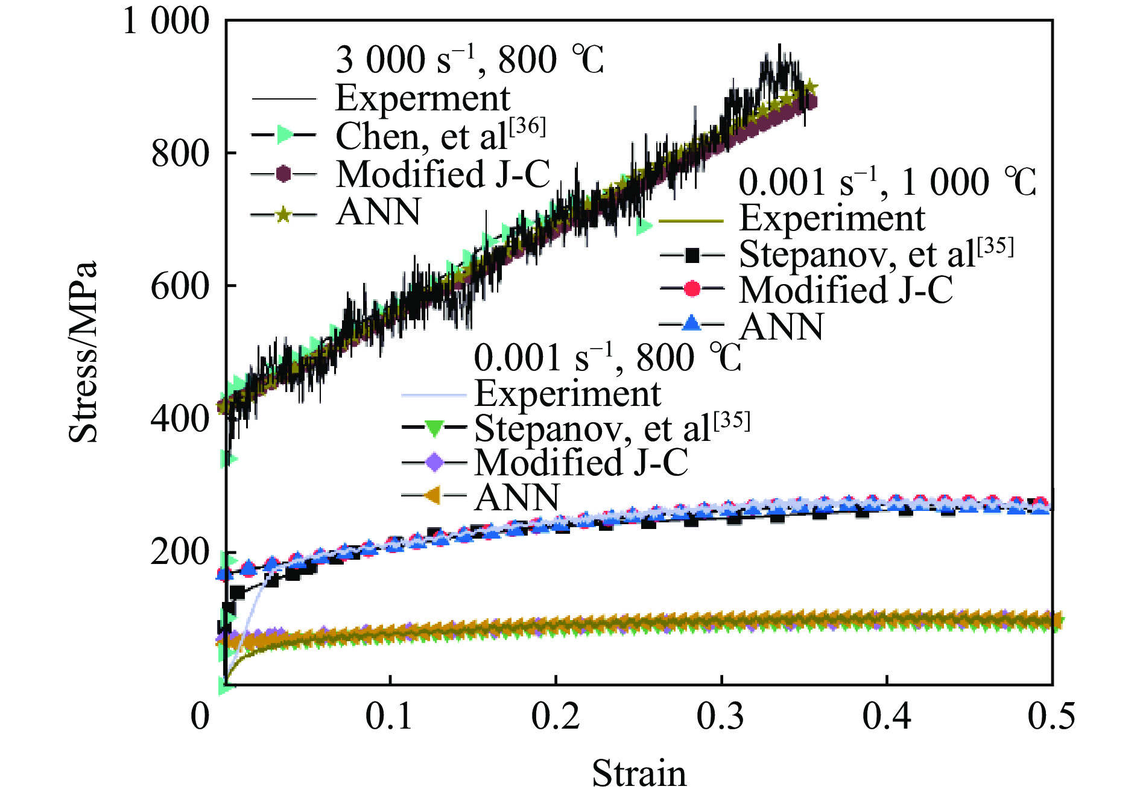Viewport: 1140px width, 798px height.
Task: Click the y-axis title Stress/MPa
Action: (x=83, y=352)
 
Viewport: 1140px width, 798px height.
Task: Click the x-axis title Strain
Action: (x=639, y=773)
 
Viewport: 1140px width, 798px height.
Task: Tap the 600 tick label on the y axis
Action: (x=180, y=286)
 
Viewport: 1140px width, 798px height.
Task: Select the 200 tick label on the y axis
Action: (x=180, y=551)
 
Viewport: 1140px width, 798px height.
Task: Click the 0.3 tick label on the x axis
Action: (x=721, y=717)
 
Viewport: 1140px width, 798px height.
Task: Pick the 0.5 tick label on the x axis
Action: (x=1051, y=717)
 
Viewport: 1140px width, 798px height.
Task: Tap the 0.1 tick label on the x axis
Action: (x=390, y=717)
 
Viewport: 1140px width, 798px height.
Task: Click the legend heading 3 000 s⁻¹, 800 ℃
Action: (x=469, y=60)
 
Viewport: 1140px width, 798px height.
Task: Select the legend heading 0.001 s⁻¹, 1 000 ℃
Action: (x=887, y=182)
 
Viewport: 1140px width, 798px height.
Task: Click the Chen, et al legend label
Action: (x=440, y=136)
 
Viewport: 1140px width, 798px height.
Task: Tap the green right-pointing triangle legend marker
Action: (x=284, y=135)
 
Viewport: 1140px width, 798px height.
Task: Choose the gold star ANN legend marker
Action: (x=283, y=214)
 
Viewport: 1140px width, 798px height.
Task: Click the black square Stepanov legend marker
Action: (x=692, y=256)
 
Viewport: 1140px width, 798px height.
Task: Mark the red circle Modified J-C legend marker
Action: (x=692, y=289)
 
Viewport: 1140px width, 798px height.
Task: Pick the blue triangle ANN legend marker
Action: (x=692, y=324)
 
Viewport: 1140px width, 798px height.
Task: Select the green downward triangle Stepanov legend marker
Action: (x=434, y=428)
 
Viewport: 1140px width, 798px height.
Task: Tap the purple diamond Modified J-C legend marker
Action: (x=434, y=463)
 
